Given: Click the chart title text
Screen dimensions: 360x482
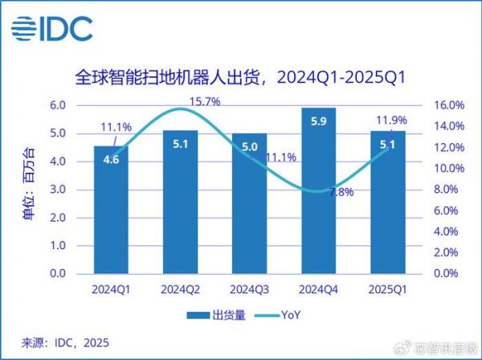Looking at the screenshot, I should click(241, 78).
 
